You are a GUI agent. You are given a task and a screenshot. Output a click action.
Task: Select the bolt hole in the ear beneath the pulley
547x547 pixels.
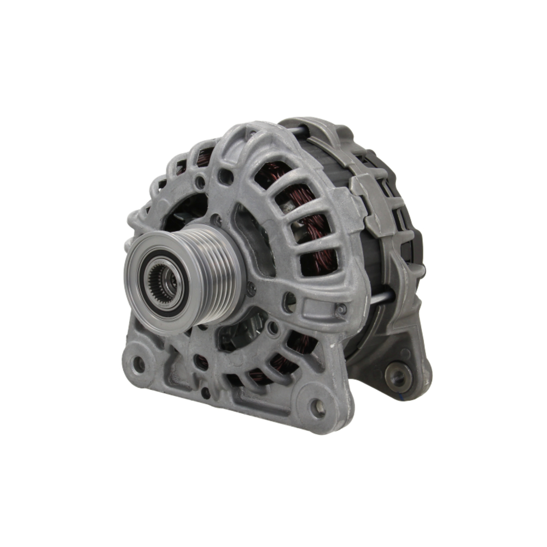coord(139,363)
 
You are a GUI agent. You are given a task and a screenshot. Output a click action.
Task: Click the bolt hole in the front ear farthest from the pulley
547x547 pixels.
coord(317,406)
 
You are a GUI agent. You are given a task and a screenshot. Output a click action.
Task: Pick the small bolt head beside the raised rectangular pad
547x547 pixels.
coord(342,309)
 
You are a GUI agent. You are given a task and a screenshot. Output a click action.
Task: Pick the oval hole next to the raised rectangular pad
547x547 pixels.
coord(290,300)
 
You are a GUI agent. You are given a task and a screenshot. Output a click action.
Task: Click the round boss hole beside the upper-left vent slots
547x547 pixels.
coord(225,176)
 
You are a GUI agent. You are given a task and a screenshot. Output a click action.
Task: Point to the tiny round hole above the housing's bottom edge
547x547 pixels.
coord(206,392)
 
